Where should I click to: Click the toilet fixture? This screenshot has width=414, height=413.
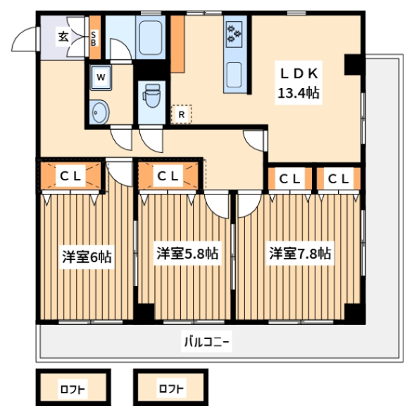click(x=151, y=96)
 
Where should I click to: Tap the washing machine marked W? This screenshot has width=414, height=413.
click(x=101, y=78)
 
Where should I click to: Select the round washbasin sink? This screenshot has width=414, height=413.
click(x=99, y=112)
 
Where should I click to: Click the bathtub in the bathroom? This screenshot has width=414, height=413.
click(x=151, y=37)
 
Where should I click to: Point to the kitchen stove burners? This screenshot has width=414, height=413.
click(x=234, y=35)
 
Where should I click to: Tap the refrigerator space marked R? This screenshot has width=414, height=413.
click(x=182, y=114)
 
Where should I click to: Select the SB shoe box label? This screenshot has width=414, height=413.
click(x=94, y=38)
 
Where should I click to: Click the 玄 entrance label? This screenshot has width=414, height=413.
click(x=63, y=37)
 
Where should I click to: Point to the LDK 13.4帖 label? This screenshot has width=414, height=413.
click(x=299, y=83)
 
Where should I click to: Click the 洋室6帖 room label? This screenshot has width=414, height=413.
click(x=87, y=257)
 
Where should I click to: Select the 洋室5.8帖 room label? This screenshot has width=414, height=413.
click(x=187, y=253)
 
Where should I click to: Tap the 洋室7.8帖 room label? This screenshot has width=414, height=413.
click(x=300, y=253)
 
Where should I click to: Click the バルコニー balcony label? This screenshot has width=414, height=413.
click(x=206, y=341)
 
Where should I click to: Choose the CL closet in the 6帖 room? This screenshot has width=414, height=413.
click(x=70, y=175)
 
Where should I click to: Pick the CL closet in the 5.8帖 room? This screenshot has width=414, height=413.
click(x=168, y=175)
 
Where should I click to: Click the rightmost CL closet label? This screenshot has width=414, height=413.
click(x=339, y=178)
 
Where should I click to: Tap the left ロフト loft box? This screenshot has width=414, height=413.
click(x=73, y=387)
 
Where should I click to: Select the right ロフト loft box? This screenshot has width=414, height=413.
click(x=170, y=387)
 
